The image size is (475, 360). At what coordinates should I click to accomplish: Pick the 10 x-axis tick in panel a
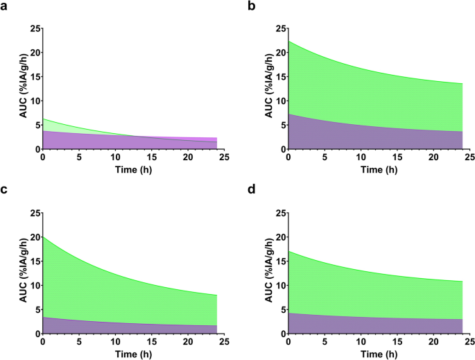pos(115,157)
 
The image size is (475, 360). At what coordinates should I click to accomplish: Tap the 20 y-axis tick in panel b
pos(277,53)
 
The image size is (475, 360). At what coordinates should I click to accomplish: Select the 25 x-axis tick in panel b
pos(469,157)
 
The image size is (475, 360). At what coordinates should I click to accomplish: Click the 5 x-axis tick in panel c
pos(79,342)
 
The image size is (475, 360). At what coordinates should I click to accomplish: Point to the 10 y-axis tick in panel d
pos(277,285)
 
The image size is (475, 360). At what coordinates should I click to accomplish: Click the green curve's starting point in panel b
pos(288,41)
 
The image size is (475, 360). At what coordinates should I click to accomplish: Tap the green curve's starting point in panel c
pos(43,237)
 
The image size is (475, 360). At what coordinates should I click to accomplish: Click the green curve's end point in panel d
pos(462,281)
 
